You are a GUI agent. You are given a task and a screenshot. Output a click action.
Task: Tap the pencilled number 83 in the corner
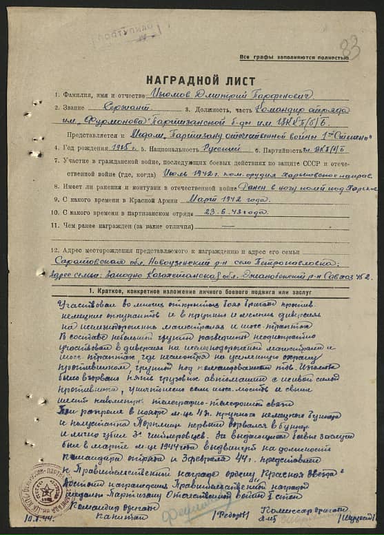(350, 48)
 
